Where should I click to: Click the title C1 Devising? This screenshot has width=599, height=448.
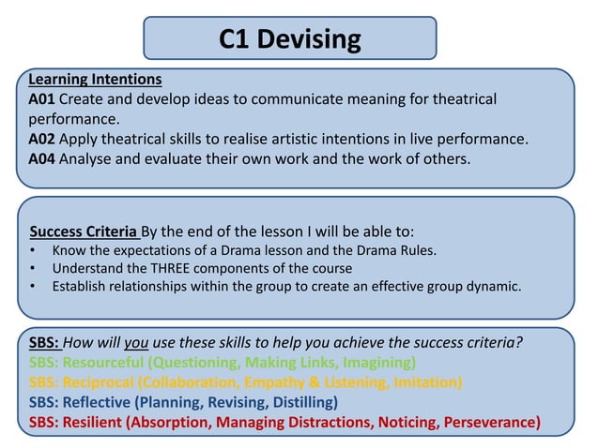[289, 38]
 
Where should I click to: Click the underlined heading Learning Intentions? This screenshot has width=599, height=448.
[95, 79]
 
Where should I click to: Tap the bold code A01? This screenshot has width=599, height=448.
[42, 99]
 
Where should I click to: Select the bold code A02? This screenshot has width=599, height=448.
[42, 140]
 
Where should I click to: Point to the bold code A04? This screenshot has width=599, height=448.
[42, 159]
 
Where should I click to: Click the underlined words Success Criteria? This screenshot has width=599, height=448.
[83, 231]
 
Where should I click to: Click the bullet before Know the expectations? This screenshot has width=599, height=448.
[34, 250]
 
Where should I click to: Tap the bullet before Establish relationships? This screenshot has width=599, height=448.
[34, 286]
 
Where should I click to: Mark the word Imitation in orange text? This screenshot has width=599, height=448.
[420, 381]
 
